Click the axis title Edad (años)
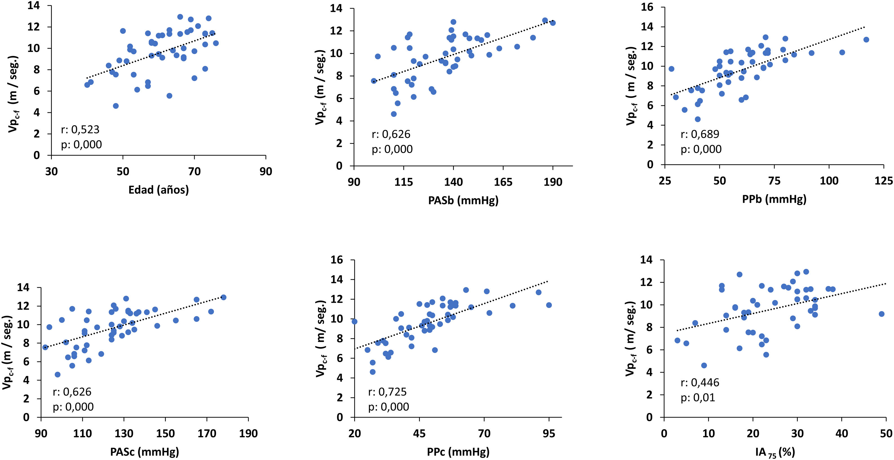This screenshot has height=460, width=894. (159, 190)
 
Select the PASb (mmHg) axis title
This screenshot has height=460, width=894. (463, 200)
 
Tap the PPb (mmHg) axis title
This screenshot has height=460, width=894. (774, 199)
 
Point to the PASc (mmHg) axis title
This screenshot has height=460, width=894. (144, 452)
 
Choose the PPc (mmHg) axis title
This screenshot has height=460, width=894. (458, 452)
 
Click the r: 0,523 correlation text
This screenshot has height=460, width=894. (80, 130)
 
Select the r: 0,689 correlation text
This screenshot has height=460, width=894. (700, 134)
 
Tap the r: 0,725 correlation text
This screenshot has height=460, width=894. (387, 392)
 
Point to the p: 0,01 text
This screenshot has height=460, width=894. (697, 398)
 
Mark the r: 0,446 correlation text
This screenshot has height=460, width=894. (700, 383)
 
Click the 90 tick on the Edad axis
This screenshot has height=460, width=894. (266, 171)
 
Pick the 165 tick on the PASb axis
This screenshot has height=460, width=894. (503, 182)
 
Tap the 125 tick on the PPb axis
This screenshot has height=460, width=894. (884, 181)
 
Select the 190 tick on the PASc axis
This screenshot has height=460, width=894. (248, 434)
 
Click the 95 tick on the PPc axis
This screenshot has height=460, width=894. (549, 434)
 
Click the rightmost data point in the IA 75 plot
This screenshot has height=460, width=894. (882, 314)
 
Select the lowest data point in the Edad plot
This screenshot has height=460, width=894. (116, 106)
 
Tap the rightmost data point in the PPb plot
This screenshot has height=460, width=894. (866, 39)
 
